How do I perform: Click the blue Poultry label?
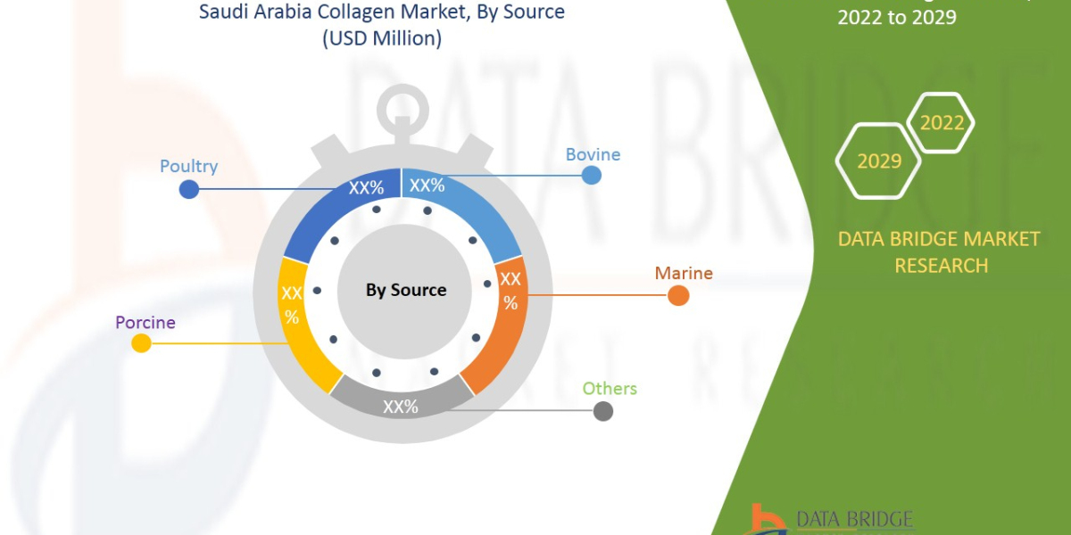(x=188, y=167)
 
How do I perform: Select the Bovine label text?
(x=593, y=154)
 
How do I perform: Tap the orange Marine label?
(x=684, y=273)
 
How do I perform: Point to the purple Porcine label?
(x=145, y=322)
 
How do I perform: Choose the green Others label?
(x=610, y=389)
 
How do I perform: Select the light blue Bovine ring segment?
(x=469, y=210)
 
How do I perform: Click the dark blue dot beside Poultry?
(x=188, y=189)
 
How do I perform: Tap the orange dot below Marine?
(x=678, y=295)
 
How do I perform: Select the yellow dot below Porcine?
(x=141, y=343)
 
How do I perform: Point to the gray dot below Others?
(x=603, y=411)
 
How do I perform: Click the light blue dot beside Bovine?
(x=591, y=175)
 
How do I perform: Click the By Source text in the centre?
(x=406, y=290)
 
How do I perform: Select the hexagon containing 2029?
(x=878, y=161)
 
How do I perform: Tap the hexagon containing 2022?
(x=942, y=122)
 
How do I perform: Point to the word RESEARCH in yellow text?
(x=941, y=266)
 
